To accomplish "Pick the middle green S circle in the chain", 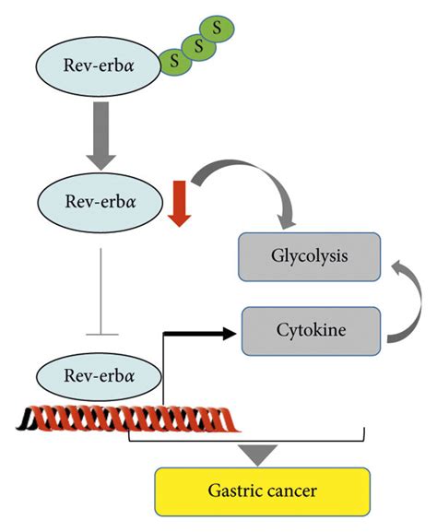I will coord(194,43).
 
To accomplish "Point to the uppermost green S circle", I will coord(217,27).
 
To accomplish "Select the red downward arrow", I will coord(181,203).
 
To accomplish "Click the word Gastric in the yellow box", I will coord(234,491).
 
